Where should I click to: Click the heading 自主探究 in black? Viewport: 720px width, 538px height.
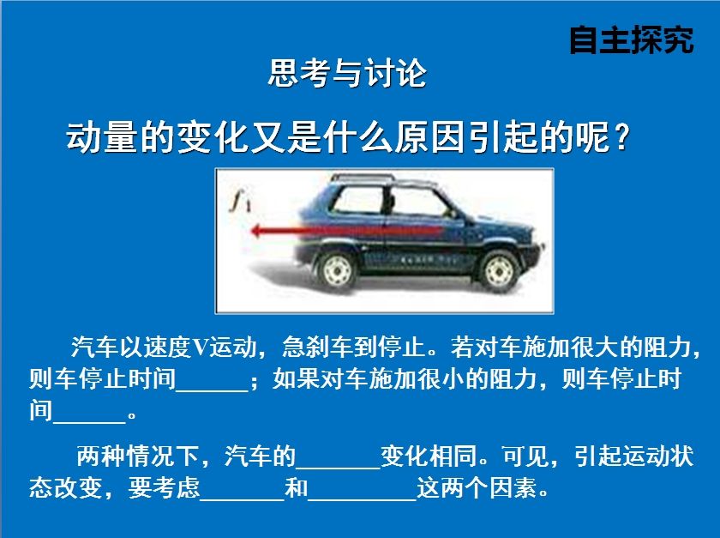pyautogui.click(x=632, y=40)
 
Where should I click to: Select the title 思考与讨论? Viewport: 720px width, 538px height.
pyautogui.click(x=348, y=74)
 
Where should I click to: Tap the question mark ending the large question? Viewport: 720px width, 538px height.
pyautogui.click(x=621, y=137)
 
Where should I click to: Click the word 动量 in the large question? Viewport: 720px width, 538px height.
pyautogui.click(x=102, y=137)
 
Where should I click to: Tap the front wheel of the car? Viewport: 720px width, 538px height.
pyautogui.click(x=500, y=271)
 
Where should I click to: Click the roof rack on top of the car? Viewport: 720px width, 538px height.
pyautogui.click(x=363, y=177)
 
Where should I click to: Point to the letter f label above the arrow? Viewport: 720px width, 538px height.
pyautogui.click(x=240, y=201)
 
